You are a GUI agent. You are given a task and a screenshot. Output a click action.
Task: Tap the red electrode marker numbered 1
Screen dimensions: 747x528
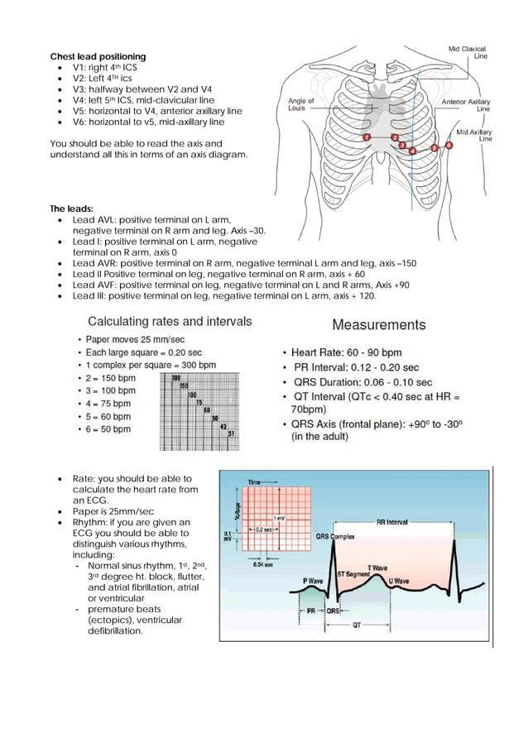(x=366, y=136)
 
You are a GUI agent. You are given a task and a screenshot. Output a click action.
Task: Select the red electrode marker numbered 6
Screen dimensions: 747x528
(x=449, y=145)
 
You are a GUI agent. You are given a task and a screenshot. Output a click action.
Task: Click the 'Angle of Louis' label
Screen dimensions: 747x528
(x=300, y=104)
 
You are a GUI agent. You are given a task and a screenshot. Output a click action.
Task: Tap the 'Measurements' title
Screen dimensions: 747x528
(x=379, y=325)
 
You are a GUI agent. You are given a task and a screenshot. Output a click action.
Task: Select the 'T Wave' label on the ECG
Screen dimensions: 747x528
(x=377, y=568)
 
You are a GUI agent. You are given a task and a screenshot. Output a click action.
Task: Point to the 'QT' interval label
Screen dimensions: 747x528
(x=355, y=627)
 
